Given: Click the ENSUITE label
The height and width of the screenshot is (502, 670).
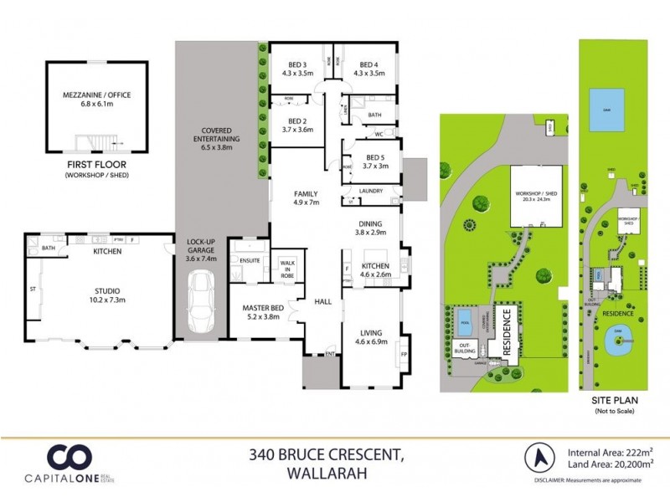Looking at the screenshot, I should click(x=250, y=261).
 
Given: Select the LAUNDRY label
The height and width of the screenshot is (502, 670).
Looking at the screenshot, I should click(x=370, y=192).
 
